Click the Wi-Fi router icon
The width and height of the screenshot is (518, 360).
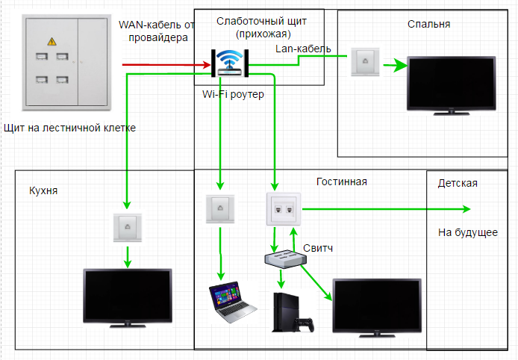pyautogui.click(x=230, y=63)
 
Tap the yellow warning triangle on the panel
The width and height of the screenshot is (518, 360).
pyautogui.click(x=52, y=41)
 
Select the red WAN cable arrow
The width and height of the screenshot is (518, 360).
pyautogui.click(x=166, y=64)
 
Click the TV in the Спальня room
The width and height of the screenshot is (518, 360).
pyautogui.click(x=452, y=86)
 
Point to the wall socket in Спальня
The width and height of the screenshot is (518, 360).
pyautogui.click(x=365, y=62)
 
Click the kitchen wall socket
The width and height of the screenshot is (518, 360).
pyautogui.click(x=128, y=228)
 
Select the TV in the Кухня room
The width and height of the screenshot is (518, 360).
pyautogui.click(x=128, y=298)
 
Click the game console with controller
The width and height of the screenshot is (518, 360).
pyautogui.click(x=293, y=312)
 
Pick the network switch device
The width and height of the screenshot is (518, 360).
pyautogui.click(x=286, y=258)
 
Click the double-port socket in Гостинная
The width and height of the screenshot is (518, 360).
pyautogui.click(x=284, y=209)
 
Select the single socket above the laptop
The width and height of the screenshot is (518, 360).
pyautogui.click(x=220, y=209)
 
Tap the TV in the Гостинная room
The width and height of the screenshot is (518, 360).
pyautogui.click(x=377, y=308)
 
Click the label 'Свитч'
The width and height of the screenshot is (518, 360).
pyautogui.click(x=318, y=248)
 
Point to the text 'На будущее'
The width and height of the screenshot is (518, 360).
pyautogui.click(x=468, y=232)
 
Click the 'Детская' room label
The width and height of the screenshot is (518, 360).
pyautogui.click(x=458, y=183)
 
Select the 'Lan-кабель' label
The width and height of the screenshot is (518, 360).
pyautogui.click(x=303, y=49)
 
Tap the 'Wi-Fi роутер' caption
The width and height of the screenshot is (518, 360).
pyautogui.click(x=233, y=94)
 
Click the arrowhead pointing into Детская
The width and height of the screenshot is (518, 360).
pyautogui.click(x=466, y=209)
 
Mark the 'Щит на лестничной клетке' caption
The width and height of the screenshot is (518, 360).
pyautogui.click(x=69, y=128)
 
